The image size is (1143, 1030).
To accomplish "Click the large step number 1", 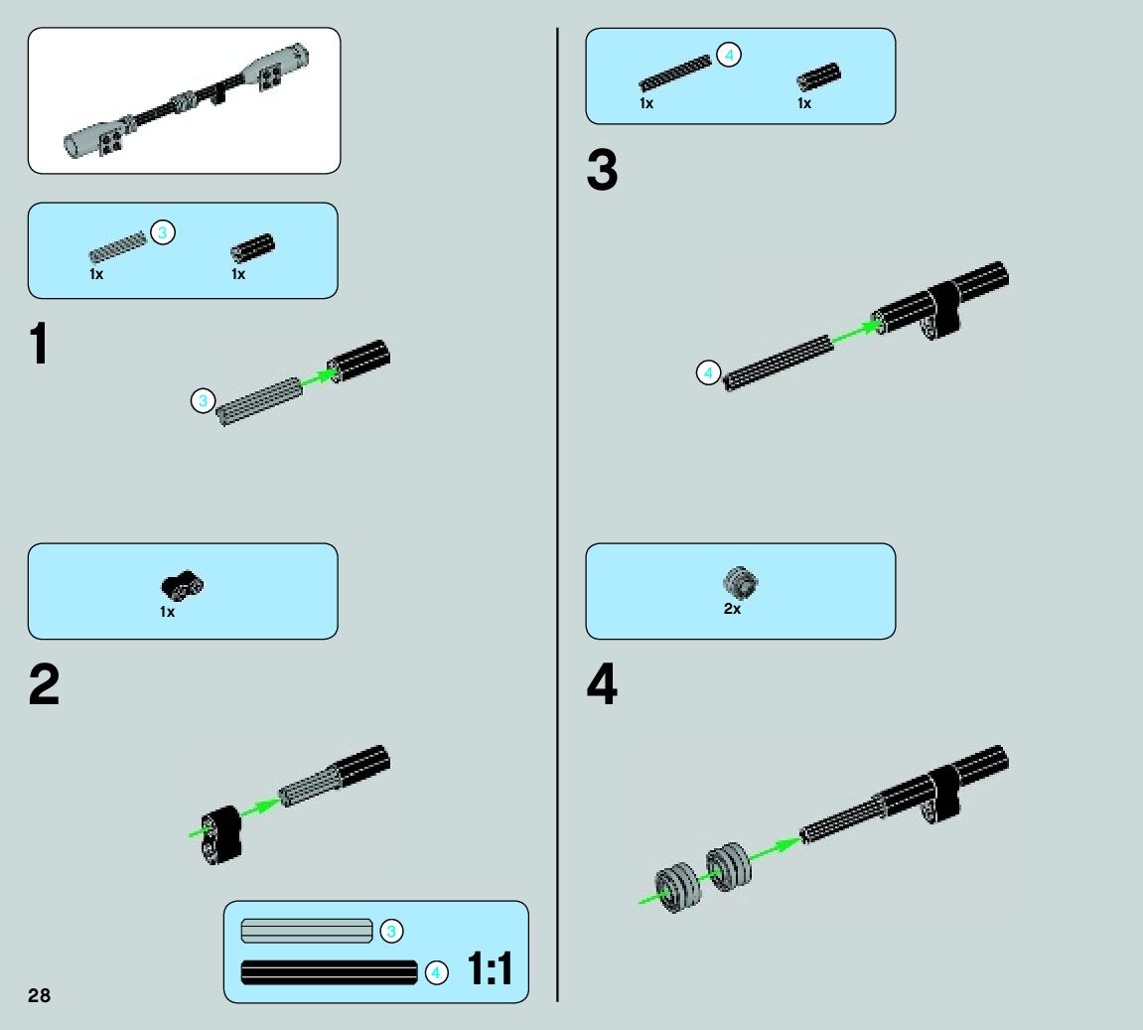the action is (39, 345).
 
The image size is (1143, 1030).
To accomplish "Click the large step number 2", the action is (44, 685).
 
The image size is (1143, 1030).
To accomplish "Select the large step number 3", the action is (602, 171).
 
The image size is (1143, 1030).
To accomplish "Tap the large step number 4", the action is (602, 685).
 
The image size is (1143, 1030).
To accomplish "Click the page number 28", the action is (39, 996).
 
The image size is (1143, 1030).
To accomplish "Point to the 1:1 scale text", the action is (490, 969).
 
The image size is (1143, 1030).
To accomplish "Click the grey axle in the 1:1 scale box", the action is (306, 931).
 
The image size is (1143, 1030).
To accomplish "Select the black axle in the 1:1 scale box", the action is (329, 972).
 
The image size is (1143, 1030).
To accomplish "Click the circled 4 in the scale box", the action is (436, 973).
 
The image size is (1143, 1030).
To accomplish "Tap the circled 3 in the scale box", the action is (391, 931).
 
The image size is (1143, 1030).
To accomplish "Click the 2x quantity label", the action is (732, 609).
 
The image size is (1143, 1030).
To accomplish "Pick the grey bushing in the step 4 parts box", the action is (740, 581).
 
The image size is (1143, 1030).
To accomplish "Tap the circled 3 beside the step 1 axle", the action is (203, 401).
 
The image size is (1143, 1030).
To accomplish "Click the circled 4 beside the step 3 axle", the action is (707, 373).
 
